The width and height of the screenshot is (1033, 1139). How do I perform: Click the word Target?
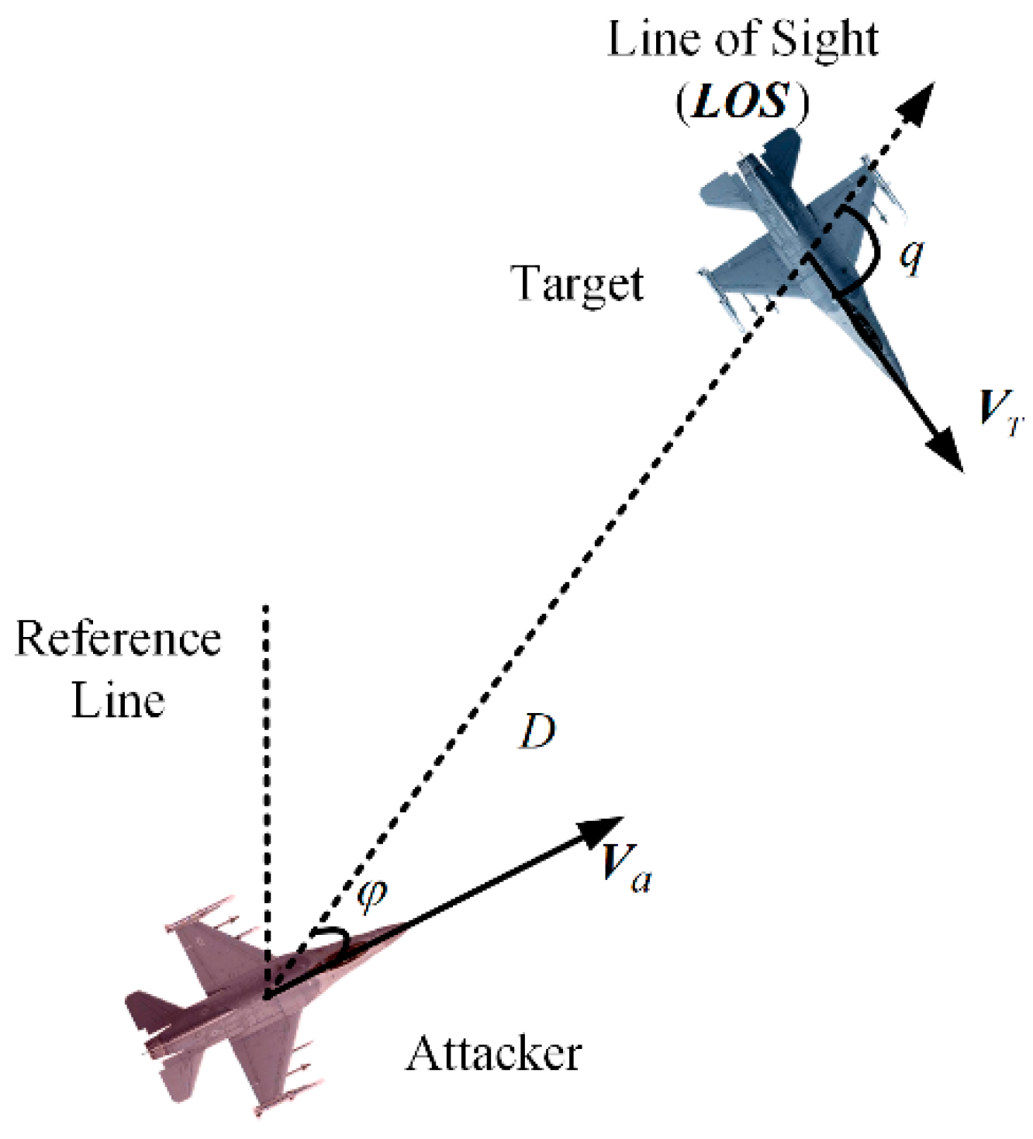click(x=578, y=285)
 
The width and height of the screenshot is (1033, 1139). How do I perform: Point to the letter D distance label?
click(x=537, y=731)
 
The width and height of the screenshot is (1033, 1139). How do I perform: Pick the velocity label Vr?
click(x=1000, y=409)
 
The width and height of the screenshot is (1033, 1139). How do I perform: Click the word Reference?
click(x=118, y=639)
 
